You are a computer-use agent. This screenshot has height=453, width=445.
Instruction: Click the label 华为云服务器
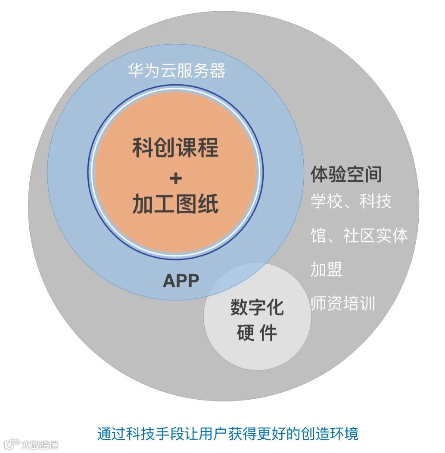coord(176,71)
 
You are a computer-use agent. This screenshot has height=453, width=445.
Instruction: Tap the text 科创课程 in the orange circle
coord(175,148)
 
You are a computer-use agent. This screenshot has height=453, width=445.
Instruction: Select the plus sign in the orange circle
coord(175,178)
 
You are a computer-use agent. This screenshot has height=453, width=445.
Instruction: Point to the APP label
coord(181,281)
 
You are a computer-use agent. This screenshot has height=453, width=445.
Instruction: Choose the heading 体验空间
coord(346,175)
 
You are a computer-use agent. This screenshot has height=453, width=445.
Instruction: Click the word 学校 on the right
coord(324,201)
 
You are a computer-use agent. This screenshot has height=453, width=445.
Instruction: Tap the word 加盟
coord(327,270)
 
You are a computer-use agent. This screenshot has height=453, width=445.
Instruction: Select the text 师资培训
coord(343,304)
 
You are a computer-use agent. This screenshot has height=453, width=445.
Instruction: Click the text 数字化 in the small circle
coord(257,307)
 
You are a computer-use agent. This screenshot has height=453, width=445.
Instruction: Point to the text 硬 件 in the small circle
coord(257,333)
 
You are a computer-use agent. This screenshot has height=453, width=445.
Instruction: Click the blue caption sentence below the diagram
coord(227,433)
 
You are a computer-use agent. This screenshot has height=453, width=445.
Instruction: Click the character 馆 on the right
coord(318,235)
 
